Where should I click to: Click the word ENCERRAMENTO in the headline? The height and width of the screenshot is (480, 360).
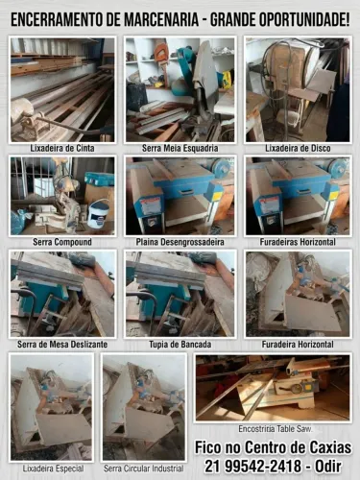(x=56, y=20)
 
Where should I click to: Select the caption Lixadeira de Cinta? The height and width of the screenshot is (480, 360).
(x=62, y=149)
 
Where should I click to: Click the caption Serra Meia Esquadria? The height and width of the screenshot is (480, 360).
(x=180, y=149)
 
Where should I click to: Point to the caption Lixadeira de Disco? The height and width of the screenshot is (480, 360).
(x=298, y=149)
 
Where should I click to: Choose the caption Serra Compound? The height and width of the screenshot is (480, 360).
(x=62, y=242)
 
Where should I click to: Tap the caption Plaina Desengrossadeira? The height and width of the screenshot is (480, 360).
(x=180, y=242)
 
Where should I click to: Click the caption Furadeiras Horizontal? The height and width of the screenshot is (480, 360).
(x=298, y=242)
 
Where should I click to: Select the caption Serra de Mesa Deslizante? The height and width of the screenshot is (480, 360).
(x=62, y=345)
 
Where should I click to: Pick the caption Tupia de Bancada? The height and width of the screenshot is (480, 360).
(x=180, y=345)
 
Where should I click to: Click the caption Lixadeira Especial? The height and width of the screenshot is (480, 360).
(x=53, y=468)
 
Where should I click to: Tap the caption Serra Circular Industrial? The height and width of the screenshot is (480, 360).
(x=144, y=468)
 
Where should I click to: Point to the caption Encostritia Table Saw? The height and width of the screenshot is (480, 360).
(x=276, y=429)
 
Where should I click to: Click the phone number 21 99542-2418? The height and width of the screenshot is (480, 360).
(x=253, y=467)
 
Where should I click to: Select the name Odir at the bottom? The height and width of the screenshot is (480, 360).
(x=328, y=467)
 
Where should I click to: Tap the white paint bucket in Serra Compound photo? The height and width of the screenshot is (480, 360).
(x=98, y=213)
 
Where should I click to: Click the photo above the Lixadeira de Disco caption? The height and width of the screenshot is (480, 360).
(x=298, y=89)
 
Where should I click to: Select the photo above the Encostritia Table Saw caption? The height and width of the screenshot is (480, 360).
(x=273, y=388)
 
